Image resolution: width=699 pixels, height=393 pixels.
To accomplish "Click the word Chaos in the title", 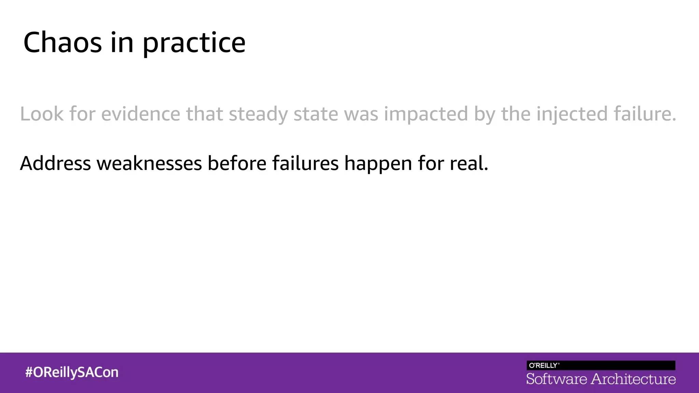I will (62, 42).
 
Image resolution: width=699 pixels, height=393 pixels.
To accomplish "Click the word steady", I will (258, 114).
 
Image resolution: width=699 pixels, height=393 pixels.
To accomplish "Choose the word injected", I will (572, 114).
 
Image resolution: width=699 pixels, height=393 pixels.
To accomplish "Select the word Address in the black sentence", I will (55, 163).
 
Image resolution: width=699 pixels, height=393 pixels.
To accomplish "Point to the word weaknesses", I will (149, 163).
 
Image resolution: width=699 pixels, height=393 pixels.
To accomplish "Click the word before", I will (237, 163).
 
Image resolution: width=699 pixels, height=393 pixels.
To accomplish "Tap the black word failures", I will (305, 163).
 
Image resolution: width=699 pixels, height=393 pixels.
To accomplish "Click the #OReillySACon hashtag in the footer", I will (72, 372).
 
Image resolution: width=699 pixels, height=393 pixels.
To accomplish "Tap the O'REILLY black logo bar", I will (601, 365).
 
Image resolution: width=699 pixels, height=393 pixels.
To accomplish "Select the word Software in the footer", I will (556, 379).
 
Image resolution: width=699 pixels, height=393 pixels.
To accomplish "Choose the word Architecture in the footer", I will (633, 379).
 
